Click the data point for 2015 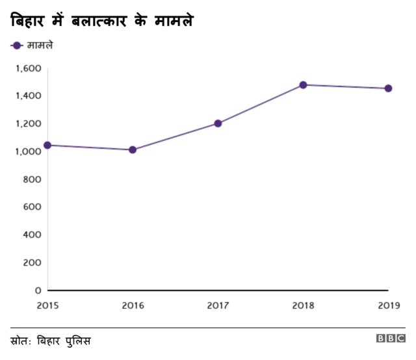pyautogui.click(x=47, y=145)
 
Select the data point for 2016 pyautogui.click(x=133, y=150)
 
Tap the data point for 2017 pyautogui.click(x=218, y=123)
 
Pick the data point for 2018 pyautogui.click(x=303, y=85)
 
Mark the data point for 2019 pyautogui.click(x=388, y=88)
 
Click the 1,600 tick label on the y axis pyautogui.click(x=29, y=68)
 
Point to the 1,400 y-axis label pyautogui.click(x=29, y=96)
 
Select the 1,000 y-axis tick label pyautogui.click(x=29, y=151)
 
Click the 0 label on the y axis pyautogui.click(x=38, y=290)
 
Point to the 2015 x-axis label pyautogui.click(x=47, y=304)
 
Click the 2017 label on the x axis pyautogui.click(x=218, y=304)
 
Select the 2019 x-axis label pyautogui.click(x=387, y=304)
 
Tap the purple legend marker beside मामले pyautogui.click(x=17, y=45)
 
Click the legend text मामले pyautogui.click(x=40, y=45)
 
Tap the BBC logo pyautogui.click(x=390, y=339)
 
